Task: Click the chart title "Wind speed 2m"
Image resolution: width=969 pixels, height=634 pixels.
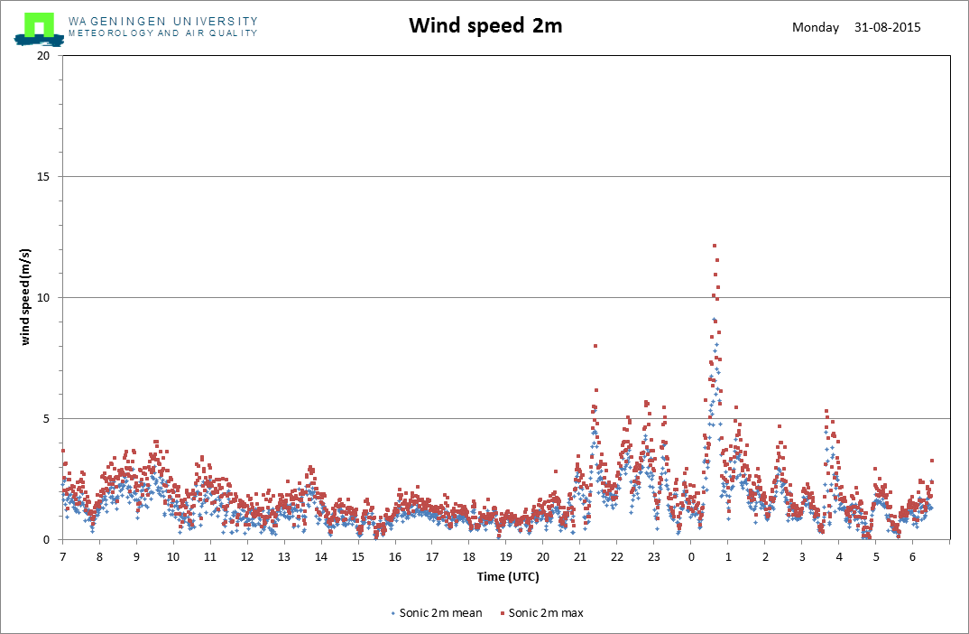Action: tap(485, 25)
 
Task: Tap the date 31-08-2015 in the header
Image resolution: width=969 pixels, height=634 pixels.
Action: tap(888, 27)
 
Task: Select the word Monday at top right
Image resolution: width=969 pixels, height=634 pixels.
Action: tap(816, 27)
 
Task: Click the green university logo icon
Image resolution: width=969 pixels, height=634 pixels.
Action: tap(39, 29)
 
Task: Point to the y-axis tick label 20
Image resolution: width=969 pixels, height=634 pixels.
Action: tap(42, 56)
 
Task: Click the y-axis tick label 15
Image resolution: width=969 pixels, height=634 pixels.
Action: tap(42, 177)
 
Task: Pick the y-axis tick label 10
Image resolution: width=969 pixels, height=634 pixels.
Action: tap(42, 297)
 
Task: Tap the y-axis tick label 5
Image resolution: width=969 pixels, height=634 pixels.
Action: tap(46, 419)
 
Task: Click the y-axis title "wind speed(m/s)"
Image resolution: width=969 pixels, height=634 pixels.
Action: tap(25, 297)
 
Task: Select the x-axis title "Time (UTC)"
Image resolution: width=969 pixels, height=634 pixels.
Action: tap(508, 577)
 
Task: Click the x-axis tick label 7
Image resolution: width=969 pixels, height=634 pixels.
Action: tap(62, 556)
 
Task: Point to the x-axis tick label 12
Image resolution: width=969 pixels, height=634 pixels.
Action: tap(247, 556)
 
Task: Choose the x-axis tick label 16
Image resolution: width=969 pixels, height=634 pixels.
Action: tap(395, 556)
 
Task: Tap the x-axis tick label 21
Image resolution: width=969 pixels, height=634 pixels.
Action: tap(579, 556)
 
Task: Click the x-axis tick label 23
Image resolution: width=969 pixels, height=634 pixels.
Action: tap(654, 556)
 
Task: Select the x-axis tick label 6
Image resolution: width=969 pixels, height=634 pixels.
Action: tap(912, 556)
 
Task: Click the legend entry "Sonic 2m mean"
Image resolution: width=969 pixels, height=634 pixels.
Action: tap(437, 613)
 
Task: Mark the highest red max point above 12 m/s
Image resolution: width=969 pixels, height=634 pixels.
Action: tap(715, 247)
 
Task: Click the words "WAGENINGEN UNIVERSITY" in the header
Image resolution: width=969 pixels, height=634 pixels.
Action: tap(163, 22)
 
